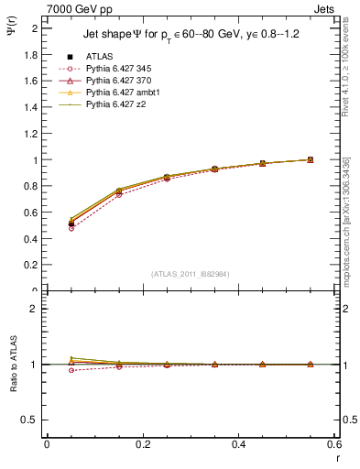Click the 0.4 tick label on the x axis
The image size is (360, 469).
pyautogui.click(x=238, y=444)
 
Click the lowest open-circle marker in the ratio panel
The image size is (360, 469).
pyautogui.click(x=71, y=370)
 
